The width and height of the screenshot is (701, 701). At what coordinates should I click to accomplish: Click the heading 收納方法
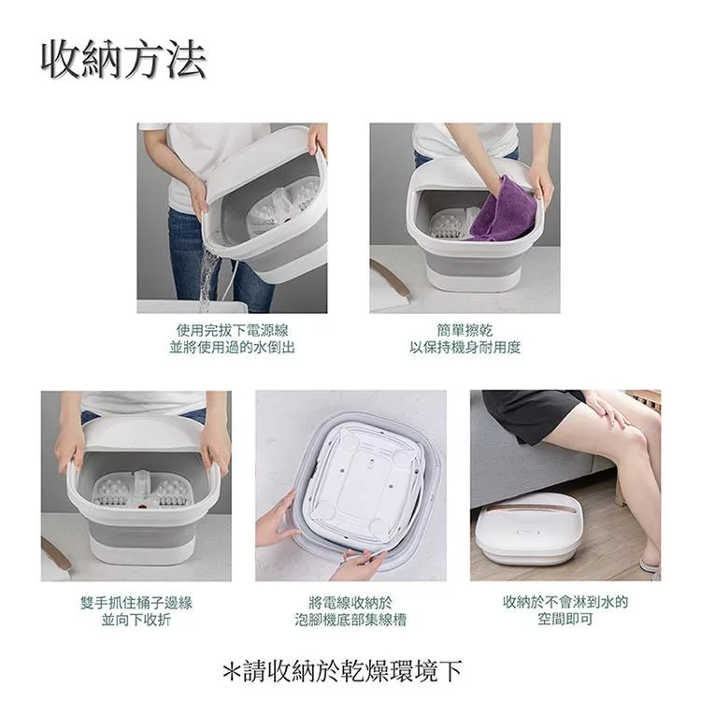click(123, 60)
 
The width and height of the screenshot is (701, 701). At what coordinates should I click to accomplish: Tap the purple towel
click(505, 210)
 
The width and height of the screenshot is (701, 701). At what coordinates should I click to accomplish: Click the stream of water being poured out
click(207, 278)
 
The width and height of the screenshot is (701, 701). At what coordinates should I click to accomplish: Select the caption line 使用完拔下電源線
click(233, 331)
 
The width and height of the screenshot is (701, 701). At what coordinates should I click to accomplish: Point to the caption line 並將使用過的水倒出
click(233, 348)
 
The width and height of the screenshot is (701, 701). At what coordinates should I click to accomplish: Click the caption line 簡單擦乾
click(465, 331)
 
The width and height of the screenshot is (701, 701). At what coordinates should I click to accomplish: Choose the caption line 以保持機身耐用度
click(465, 348)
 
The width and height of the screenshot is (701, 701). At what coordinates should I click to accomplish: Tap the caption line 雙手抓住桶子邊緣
click(136, 603)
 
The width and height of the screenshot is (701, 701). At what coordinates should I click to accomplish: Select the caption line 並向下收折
click(136, 620)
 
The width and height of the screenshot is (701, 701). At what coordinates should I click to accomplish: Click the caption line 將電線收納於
click(350, 603)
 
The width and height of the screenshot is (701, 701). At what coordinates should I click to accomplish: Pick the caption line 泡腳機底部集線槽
click(350, 620)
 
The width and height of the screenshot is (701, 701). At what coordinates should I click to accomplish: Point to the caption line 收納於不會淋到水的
click(565, 602)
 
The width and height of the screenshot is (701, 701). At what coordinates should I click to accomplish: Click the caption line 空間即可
click(565, 619)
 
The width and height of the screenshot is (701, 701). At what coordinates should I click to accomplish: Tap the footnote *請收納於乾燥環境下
click(342, 671)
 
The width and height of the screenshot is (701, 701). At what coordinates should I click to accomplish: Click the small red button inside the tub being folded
click(143, 507)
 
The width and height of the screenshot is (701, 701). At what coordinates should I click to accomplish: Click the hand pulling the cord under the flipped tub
click(358, 564)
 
